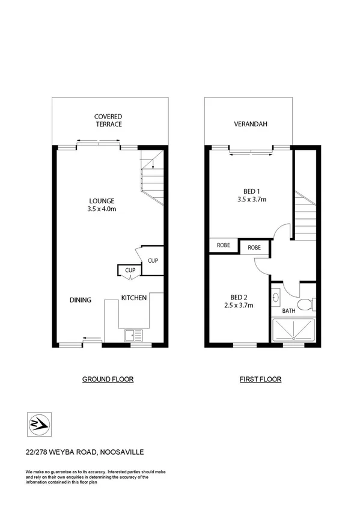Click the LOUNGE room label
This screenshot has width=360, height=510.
(102, 201)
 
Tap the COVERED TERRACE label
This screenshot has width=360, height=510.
(108, 120)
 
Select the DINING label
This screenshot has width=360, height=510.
(81, 300)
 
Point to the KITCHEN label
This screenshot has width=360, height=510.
(134, 298)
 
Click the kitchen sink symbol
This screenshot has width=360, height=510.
(131, 336)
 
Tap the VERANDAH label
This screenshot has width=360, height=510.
(250, 124)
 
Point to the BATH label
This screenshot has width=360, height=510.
(289, 311)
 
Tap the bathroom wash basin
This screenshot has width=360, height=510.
(275, 296)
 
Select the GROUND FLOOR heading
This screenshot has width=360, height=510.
(108, 379)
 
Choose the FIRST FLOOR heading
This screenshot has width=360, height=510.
(260, 379)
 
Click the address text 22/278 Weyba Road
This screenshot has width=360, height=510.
(84, 452)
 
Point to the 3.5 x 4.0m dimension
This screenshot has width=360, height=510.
(102, 209)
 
